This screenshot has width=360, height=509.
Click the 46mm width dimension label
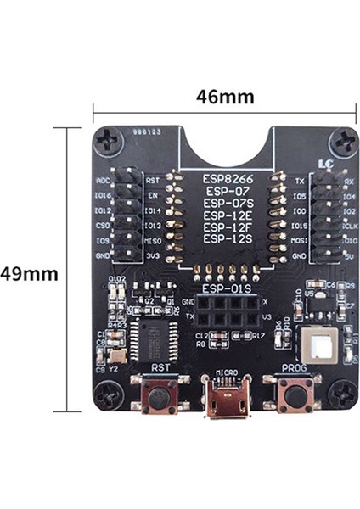pos(224,97)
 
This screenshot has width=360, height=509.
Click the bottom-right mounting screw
pos(344,394)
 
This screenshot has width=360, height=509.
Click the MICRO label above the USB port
pos(226,372)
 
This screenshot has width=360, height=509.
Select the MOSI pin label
pos(298,241)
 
